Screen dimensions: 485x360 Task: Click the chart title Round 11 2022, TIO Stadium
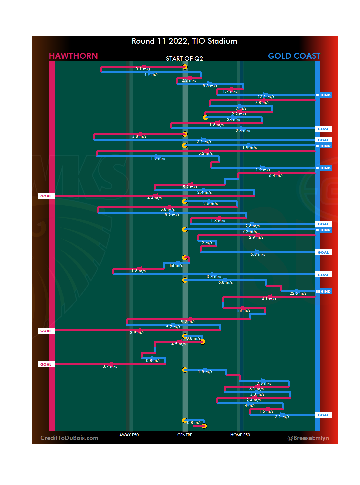point(184,41)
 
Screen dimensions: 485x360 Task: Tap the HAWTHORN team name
point(73,56)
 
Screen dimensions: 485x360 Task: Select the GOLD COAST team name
point(294,56)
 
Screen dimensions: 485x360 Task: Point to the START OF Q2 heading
point(184,59)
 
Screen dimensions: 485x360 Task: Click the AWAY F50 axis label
point(129,435)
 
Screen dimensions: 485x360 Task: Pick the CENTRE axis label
point(185,435)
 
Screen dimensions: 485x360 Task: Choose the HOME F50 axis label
point(240,435)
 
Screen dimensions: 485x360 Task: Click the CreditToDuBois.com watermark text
point(69,438)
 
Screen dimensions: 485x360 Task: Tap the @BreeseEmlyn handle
point(308,438)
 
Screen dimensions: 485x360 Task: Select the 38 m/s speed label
point(233,120)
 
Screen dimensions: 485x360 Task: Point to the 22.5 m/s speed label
point(298,293)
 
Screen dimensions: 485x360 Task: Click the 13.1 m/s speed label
point(266,97)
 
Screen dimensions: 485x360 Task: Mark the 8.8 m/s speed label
point(210,86)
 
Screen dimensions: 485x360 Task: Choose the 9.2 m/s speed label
point(188,322)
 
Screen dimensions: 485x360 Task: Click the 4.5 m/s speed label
point(178,344)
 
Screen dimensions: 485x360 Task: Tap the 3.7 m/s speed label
point(110,366)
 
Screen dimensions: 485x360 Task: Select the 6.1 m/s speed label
point(256,389)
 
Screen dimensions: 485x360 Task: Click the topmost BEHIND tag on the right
point(323,95)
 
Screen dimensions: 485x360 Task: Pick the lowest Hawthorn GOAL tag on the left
point(46,365)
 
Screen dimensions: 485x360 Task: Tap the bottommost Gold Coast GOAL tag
point(323,415)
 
